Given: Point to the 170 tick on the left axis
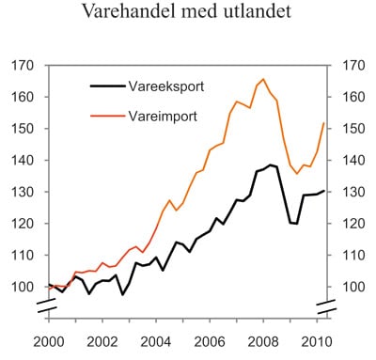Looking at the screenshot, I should click(x=23, y=66).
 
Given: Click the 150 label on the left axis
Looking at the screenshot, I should click(x=23, y=129).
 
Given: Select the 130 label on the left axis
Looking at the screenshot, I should click(x=23, y=192).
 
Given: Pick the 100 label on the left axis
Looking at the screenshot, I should click(x=23, y=287).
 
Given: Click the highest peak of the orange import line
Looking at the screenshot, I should click(x=262, y=79).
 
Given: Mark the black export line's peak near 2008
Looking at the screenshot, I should click(x=270, y=164).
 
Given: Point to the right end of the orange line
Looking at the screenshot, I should click(x=324, y=122).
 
